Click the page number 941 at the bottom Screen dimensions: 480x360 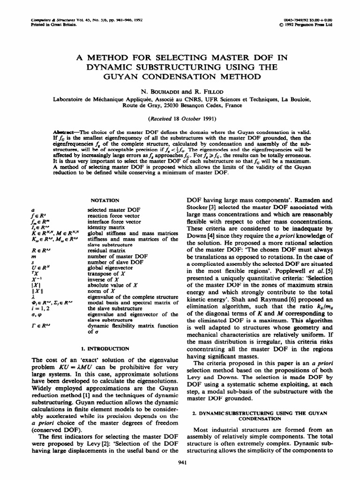[180, 464]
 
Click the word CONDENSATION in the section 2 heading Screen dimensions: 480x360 [260, 419]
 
